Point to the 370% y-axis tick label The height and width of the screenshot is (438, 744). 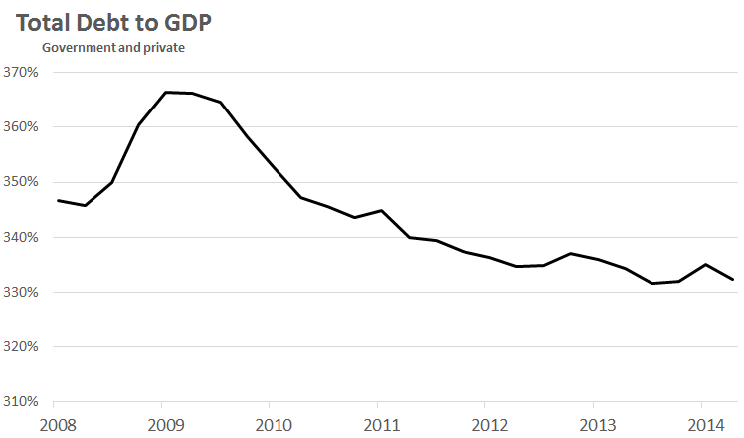(20, 73)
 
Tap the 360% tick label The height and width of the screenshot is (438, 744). (20, 127)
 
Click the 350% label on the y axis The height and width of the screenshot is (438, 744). (20, 183)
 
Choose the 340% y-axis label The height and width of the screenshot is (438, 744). (20, 238)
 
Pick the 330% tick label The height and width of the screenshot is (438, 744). (20, 293)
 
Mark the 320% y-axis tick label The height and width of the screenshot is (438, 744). (20, 347)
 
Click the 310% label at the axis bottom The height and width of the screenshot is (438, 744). (20, 403)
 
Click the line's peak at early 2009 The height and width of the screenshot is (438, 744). (166, 92)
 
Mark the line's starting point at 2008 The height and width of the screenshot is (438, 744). (58, 201)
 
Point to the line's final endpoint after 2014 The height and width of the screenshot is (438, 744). (733, 280)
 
